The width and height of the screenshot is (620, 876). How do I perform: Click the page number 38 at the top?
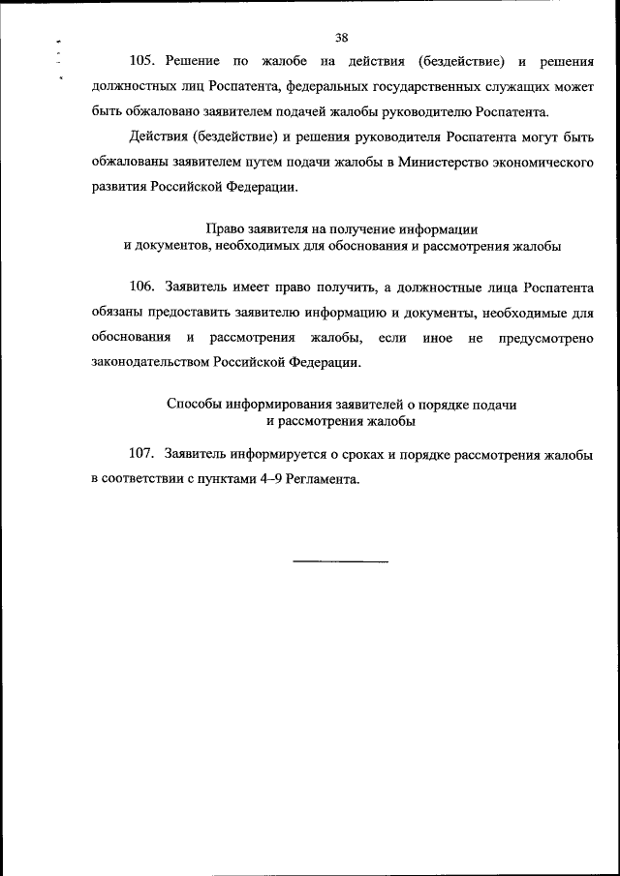pyautogui.click(x=341, y=38)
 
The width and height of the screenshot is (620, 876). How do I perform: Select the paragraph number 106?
pyautogui.click(x=141, y=287)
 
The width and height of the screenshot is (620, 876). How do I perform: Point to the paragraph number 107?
pyautogui.click(x=141, y=453)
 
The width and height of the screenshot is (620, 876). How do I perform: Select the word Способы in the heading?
pyautogui.click(x=194, y=405)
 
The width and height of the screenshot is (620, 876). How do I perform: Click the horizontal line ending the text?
pyautogui.click(x=341, y=561)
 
